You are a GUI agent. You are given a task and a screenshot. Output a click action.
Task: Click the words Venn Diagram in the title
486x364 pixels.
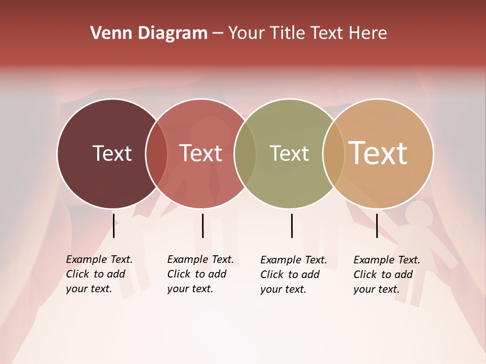click(149, 33)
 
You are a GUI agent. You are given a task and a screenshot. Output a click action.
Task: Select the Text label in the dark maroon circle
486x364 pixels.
click(112, 153)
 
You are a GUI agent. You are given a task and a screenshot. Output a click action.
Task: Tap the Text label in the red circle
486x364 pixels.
click(200, 153)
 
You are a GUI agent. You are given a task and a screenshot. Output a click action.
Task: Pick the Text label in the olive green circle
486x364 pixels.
click(289, 153)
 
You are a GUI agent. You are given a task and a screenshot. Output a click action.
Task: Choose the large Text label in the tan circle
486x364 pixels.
click(378, 153)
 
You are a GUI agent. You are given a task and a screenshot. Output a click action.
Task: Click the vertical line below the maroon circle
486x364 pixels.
click(113, 225)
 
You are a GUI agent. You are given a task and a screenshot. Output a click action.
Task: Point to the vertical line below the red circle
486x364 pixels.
click(202, 225)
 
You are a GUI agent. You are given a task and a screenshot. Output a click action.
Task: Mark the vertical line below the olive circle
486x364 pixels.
click(292, 225)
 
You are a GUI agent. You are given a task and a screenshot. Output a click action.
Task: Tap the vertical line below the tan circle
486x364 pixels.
click(377, 225)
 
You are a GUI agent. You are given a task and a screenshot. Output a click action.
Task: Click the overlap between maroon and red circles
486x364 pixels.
click(156, 154)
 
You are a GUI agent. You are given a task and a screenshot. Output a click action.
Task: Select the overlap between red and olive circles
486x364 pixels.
click(245, 154)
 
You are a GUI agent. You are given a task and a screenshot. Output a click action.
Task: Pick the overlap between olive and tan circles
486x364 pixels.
click(333, 154)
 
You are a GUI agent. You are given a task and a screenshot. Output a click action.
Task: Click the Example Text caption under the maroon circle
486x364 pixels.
click(99, 274)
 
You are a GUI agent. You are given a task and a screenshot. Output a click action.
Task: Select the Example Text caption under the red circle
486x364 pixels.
click(200, 274)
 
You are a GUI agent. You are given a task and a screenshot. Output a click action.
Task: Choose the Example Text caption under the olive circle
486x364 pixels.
click(294, 275)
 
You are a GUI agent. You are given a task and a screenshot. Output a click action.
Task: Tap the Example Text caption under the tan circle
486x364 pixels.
click(387, 275)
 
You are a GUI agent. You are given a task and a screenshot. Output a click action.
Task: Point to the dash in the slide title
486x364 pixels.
click(218, 33)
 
